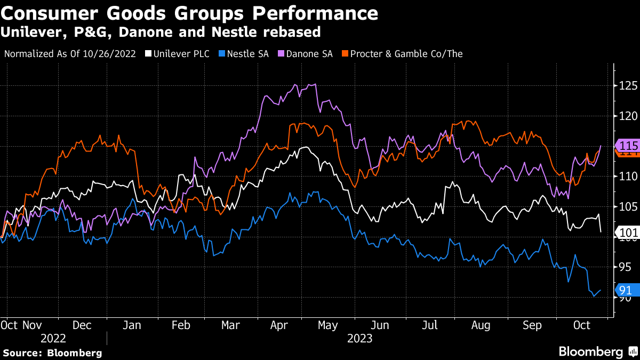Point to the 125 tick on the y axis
coord(623,85)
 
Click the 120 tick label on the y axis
coord(623,116)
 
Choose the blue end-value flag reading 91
coord(625,290)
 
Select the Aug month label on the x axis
coord(481,324)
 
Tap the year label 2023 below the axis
coord(359,339)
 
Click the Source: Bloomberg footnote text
coord(52,353)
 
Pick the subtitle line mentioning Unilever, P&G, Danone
coord(161,32)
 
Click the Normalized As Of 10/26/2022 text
coord(70,54)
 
